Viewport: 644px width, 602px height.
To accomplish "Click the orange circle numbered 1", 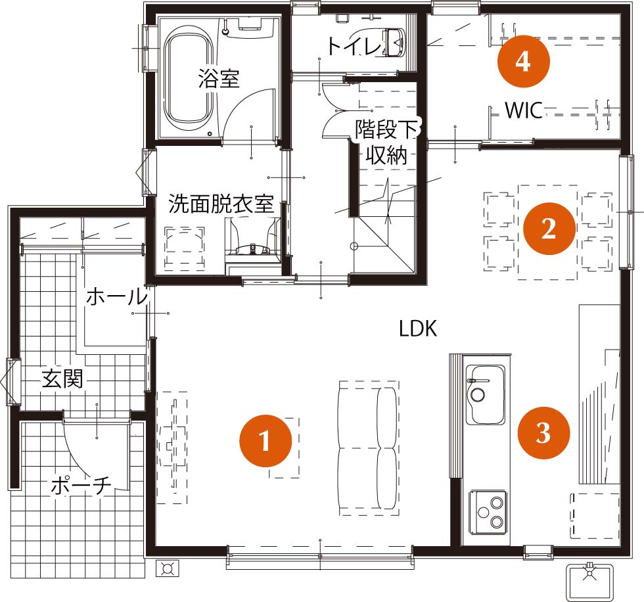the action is [x=265, y=440].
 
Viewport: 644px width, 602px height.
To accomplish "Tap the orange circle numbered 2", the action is [x=549, y=228].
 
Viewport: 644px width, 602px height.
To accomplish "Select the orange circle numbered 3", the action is [x=543, y=432].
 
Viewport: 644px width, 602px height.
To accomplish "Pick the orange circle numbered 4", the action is [x=523, y=61].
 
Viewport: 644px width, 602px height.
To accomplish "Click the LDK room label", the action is [x=418, y=329].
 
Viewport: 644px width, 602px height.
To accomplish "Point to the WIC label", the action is [x=524, y=110].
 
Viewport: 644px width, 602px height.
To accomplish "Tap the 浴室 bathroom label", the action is [x=219, y=78].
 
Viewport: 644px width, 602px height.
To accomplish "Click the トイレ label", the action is [x=355, y=45].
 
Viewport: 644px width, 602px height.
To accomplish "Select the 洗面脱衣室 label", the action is [x=221, y=204].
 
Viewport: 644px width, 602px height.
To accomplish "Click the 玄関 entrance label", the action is [x=62, y=379].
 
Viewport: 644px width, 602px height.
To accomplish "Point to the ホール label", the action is [x=117, y=296].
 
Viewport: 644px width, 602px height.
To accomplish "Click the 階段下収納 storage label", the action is [x=386, y=142].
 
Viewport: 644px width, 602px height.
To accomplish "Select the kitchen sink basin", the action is [x=486, y=394].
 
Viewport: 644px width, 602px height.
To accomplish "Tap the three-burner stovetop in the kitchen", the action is [x=488, y=512].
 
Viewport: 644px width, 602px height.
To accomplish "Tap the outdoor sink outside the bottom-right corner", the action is [x=589, y=582].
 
